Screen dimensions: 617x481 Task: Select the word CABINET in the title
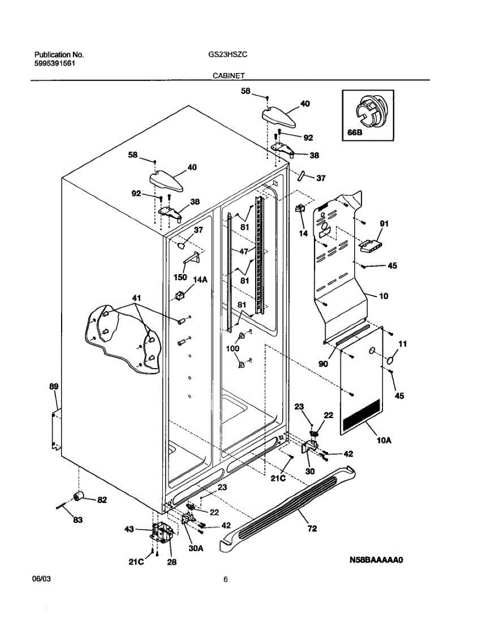click(229, 75)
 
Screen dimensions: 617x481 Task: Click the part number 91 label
click(383, 224)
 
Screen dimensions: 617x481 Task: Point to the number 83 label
click(78, 520)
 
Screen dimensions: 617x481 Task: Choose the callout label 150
click(180, 277)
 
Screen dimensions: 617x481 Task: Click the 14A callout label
click(200, 279)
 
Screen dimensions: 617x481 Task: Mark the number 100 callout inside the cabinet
click(232, 349)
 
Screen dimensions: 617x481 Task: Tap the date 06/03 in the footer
click(42, 579)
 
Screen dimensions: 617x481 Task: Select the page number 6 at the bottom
click(225, 580)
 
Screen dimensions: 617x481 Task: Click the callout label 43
click(129, 529)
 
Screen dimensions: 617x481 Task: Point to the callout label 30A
click(196, 549)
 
